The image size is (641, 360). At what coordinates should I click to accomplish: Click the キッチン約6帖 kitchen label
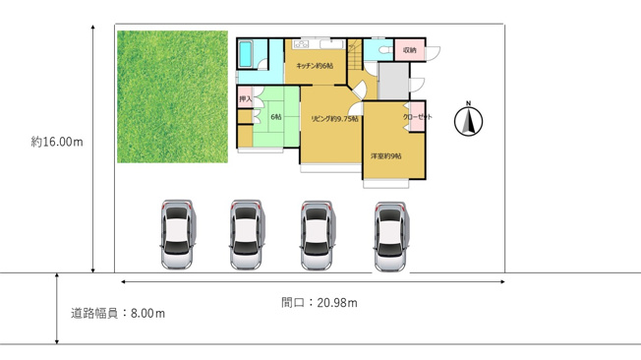315,66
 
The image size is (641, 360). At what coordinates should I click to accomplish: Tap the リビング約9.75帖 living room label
334,119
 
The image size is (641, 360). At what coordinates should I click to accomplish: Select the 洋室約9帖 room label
386,155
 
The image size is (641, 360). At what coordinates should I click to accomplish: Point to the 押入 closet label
245,99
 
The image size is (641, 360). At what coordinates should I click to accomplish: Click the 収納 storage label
410,50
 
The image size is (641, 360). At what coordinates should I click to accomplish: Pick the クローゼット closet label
418,117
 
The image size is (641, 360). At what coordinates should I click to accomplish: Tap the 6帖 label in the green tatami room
276,117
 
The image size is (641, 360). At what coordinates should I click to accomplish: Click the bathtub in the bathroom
245,53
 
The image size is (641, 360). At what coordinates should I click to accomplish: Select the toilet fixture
384,50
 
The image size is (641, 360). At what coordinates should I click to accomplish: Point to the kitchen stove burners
301,44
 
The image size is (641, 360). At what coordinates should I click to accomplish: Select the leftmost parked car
177,234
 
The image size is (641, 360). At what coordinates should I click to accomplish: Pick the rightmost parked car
391,236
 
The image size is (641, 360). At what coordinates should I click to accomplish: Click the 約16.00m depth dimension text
57,142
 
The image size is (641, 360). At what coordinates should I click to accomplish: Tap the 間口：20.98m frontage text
320,303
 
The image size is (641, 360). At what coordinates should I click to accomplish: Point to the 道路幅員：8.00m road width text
118,314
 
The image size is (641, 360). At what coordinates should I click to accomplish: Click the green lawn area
172,96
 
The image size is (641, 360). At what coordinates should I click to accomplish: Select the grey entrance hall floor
393,81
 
